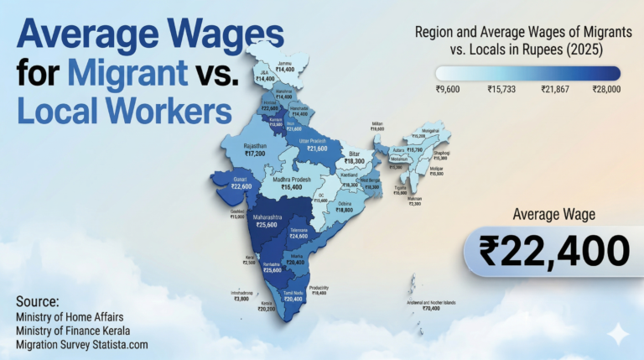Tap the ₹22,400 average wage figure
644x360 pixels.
click(x=553, y=250)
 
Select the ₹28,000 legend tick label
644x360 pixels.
click(x=606, y=88)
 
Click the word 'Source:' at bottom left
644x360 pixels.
click(x=37, y=300)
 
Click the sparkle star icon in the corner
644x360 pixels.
click(x=618, y=333)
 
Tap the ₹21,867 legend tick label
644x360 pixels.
click(x=554, y=88)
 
